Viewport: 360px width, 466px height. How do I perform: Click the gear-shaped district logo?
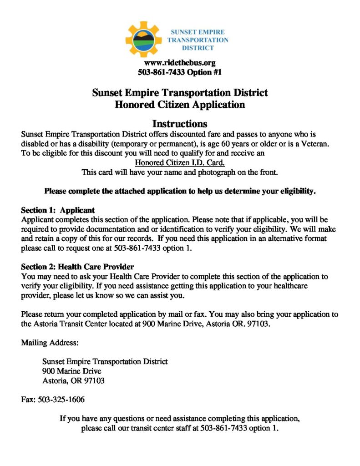click(143, 39)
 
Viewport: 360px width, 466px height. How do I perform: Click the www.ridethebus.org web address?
click(180, 63)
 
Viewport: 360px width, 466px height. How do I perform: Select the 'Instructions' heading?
click(180, 124)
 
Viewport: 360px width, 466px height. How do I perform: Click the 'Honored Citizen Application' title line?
click(180, 105)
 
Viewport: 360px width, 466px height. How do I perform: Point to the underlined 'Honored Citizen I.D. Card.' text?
click(180, 162)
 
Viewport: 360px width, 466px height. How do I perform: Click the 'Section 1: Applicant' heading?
click(58, 210)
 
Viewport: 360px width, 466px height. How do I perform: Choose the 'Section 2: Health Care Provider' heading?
click(77, 267)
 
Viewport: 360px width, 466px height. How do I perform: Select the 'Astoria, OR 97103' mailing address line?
click(73, 380)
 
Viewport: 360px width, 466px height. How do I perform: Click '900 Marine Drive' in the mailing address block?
click(71, 371)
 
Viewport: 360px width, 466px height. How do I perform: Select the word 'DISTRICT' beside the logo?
click(198, 48)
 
